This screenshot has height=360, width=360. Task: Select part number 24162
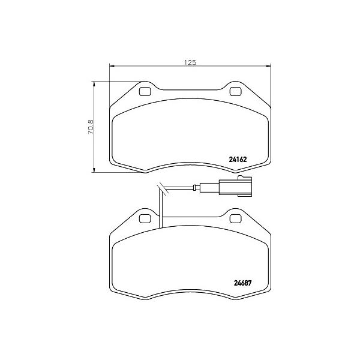click(x=238, y=160)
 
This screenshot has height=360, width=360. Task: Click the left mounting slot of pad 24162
click(x=144, y=92)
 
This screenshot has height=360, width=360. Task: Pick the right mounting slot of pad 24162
click(x=235, y=92)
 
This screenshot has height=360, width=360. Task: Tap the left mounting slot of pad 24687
click(x=144, y=217)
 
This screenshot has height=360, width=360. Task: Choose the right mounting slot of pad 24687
click(x=235, y=217)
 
